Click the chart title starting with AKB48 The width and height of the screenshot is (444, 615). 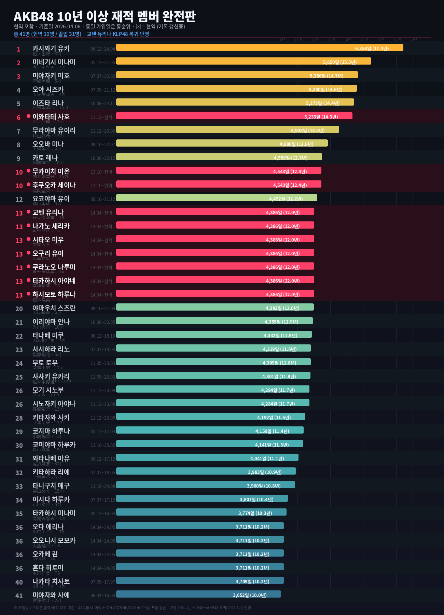[105, 16]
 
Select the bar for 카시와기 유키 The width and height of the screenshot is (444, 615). [260, 47]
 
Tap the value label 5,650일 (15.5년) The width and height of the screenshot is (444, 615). [340, 62]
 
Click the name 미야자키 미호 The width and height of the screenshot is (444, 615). [51, 76]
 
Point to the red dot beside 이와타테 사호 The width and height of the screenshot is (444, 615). [29, 116]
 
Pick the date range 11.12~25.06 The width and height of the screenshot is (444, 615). [103, 131]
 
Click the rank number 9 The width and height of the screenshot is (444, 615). [19, 159]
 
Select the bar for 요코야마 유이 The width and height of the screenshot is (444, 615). [217, 198]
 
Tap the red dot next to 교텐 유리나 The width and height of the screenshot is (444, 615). [29, 212]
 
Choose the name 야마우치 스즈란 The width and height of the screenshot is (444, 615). [54, 308]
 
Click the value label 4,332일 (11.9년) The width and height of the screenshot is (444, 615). [280, 336]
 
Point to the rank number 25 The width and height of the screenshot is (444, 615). [19, 377]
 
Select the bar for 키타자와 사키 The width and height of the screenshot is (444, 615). [211, 416]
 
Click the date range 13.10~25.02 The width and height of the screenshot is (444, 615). [103, 445]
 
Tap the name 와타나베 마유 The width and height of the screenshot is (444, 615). [51, 459]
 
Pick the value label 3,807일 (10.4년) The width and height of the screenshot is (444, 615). [256, 500]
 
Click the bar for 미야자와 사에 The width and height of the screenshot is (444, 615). [198, 594]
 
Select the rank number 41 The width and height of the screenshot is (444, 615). [19, 596]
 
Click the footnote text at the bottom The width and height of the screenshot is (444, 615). [132, 608]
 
